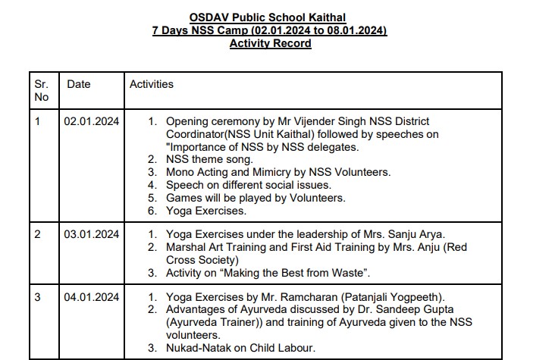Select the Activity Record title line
point(269,43)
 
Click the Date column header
point(79,84)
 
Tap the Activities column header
point(152,84)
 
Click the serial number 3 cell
point(38,296)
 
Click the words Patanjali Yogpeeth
point(384,296)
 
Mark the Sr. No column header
point(42,90)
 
